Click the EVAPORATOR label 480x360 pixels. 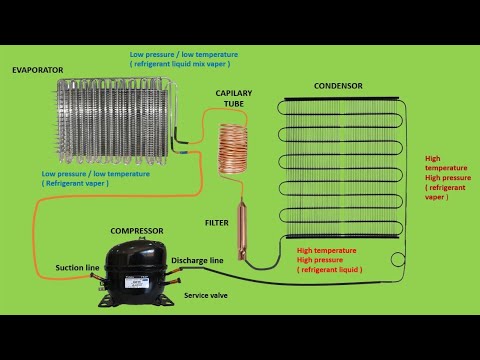coord(37,70)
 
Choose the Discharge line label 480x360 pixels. coord(197,261)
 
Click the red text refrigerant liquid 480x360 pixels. coord(330,270)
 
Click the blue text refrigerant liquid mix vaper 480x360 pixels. coord(180,61)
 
